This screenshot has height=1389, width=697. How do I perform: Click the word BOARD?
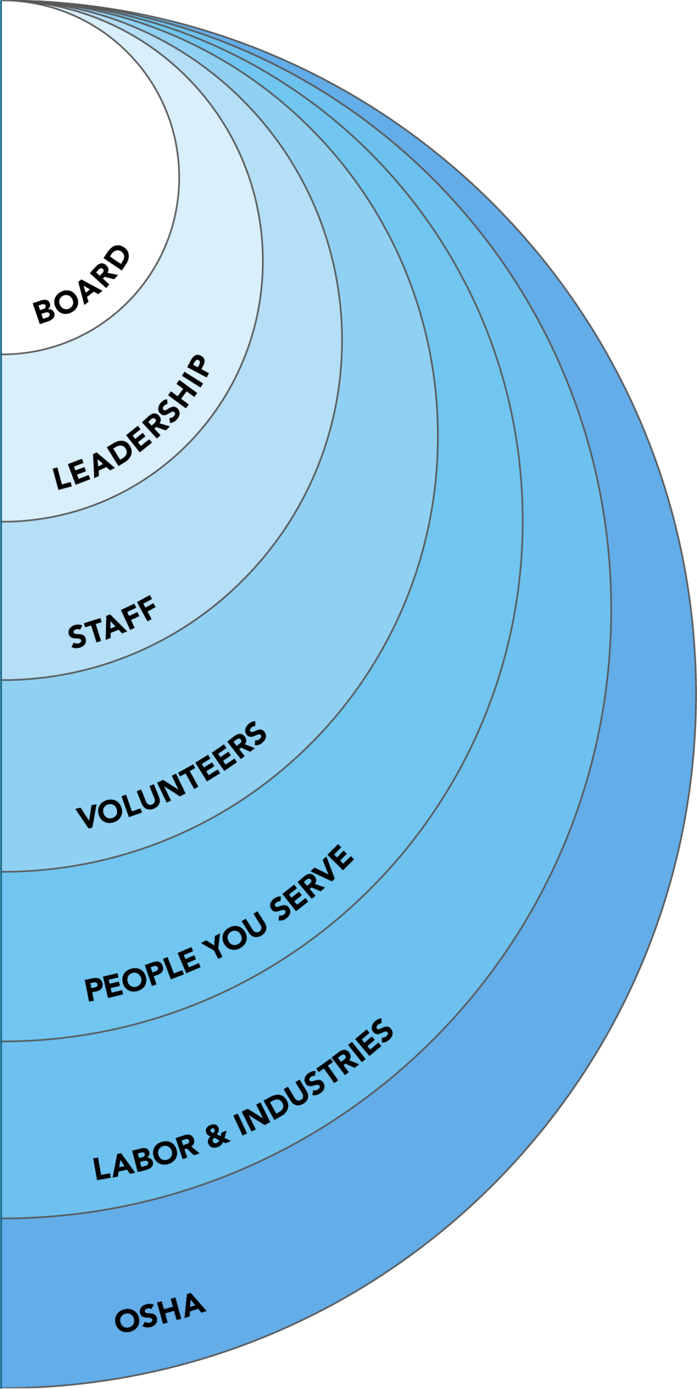[x=82, y=285]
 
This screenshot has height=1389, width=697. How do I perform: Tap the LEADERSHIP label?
[x=131, y=423]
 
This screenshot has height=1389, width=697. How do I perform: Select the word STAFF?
[x=112, y=623]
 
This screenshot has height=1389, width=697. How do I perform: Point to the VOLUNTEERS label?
[x=172, y=775]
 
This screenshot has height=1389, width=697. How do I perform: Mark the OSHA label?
[x=160, y=1313]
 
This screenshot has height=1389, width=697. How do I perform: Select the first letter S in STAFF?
[x=78, y=637]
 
